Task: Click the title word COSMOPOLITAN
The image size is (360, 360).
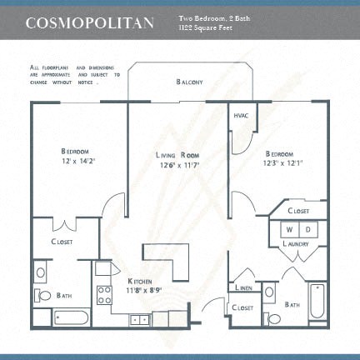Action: (x=89, y=22)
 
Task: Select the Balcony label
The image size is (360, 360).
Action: (x=189, y=82)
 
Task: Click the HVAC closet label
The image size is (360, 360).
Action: (x=241, y=116)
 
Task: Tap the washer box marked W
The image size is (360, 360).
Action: (x=289, y=228)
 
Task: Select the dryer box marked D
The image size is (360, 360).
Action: (x=307, y=228)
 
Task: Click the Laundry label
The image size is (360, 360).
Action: (x=296, y=242)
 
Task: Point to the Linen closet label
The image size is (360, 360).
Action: (x=244, y=287)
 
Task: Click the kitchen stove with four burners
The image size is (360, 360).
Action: (x=105, y=294)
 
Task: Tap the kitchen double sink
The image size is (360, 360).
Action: (x=139, y=318)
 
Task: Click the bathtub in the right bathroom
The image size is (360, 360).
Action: (x=318, y=301)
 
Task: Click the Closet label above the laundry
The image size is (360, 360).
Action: (x=298, y=211)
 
